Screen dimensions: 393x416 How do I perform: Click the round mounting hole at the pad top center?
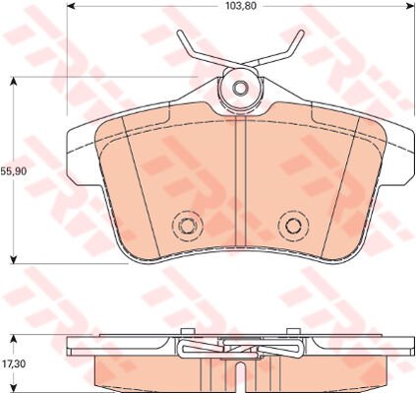coord(239,89)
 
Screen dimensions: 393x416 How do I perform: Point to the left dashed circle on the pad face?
coord(184,226)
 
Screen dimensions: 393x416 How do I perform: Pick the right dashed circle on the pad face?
coord(291,226)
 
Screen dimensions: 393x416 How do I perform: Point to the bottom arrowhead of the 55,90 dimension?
coord(13,262)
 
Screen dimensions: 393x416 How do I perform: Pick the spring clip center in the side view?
coord(238,346)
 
